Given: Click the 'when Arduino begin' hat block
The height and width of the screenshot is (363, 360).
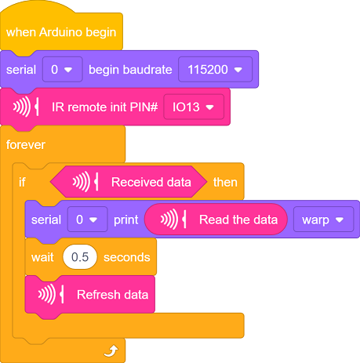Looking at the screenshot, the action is coord(61,32).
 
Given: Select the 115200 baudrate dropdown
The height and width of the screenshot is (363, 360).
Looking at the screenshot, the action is coord(215,70).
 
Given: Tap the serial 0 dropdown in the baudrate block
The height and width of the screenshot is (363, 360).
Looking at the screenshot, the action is coord(62,70).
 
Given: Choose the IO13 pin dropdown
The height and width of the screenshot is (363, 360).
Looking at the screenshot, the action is coord(194,107).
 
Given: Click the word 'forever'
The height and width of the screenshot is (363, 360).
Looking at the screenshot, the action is coord(26,144).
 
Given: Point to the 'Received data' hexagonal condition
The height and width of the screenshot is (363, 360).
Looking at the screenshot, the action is coord(129,182).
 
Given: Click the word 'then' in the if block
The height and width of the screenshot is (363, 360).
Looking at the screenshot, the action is coord(225,182).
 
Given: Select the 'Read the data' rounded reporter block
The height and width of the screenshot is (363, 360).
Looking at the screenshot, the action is coord(216,220).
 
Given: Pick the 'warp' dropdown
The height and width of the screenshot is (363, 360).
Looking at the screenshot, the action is coord(323,220).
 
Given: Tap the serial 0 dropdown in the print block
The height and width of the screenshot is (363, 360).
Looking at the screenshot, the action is coord(87,220).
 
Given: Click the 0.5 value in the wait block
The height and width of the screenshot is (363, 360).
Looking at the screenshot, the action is coord(80,257).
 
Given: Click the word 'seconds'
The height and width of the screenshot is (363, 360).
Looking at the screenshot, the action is coord(127,257).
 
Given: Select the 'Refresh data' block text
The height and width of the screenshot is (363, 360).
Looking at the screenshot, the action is coord(112,295).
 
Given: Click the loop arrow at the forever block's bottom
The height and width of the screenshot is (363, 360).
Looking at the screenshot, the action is coord(111,350).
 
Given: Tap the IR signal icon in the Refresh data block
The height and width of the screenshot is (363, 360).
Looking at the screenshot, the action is coord(51,295).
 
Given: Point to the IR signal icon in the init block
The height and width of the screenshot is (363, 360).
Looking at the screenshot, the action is coord(26,107).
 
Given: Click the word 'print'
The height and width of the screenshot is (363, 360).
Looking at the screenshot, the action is coord(125,220).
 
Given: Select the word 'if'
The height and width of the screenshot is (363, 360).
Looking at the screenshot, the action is coord(22,182).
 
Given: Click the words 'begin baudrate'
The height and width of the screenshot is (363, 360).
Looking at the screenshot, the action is coord(130,70).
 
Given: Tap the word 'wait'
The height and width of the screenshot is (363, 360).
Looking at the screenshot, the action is coord(42,257).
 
